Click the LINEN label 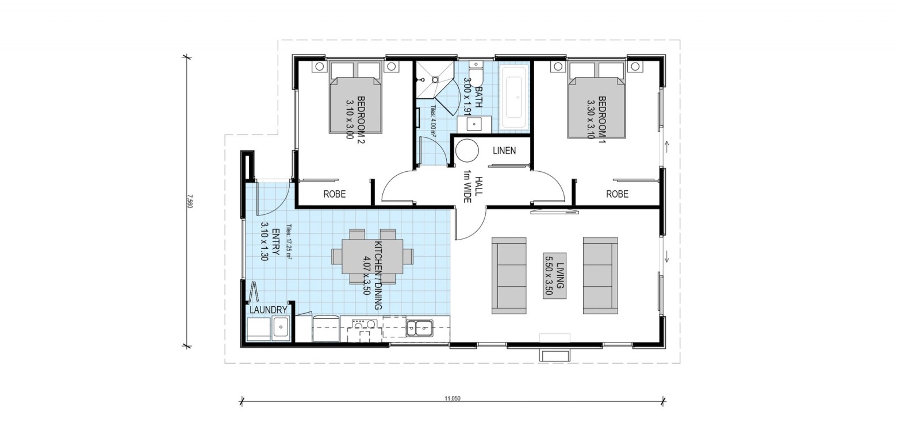pyautogui.click(x=504, y=151)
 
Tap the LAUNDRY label pyautogui.click(x=269, y=310)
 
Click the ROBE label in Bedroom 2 pyautogui.click(x=335, y=194)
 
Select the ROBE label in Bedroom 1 pyautogui.click(x=617, y=194)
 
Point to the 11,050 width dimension pyautogui.click(x=453, y=399)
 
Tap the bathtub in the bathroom pyautogui.click(x=514, y=98)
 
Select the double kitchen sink pyautogui.click(x=419, y=328)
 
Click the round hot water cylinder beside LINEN pyautogui.click(x=467, y=151)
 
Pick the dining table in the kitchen pyautogui.click(x=373, y=256)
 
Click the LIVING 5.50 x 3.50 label pyautogui.click(x=555, y=276)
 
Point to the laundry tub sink pyautogui.click(x=281, y=328)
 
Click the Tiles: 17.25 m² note pyautogui.click(x=289, y=242)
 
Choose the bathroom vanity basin pyautogui.click(x=474, y=124)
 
